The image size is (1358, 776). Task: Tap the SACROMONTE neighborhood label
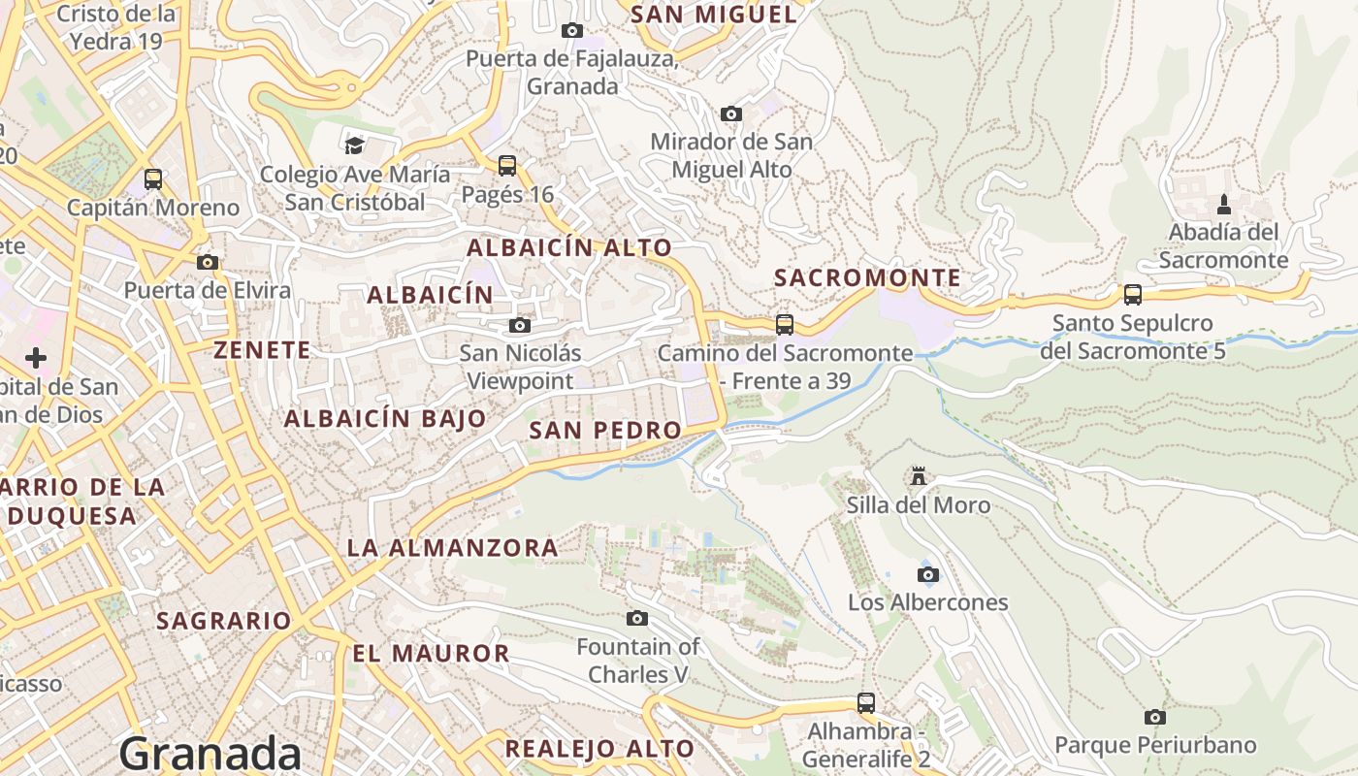click(867, 278)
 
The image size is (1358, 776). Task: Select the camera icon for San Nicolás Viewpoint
click(520, 325)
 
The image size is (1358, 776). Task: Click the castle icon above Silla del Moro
click(918, 476)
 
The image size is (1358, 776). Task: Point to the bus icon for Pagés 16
click(506, 166)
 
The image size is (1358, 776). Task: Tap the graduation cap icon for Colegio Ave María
click(354, 145)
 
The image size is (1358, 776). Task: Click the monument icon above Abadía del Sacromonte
click(1223, 205)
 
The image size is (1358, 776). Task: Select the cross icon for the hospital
click(36, 358)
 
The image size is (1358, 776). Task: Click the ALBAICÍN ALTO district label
click(569, 248)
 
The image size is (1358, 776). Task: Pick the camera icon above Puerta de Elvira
click(207, 262)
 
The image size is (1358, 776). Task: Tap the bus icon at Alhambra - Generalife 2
click(865, 702)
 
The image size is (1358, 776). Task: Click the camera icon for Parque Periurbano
click(1154, 717)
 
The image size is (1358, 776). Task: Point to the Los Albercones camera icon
click(927, 574)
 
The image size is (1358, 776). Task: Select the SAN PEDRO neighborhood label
click(605, 430)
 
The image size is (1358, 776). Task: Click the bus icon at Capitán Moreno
click(153, 179)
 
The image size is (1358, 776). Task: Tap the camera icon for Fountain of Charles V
click(637, 618)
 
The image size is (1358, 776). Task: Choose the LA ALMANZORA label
click(452, 548)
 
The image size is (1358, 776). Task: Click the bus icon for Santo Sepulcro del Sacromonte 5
click(1132, 295)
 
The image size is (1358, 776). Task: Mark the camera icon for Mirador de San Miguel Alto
click(731, 113)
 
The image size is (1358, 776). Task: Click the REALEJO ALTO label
click(599, 749)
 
